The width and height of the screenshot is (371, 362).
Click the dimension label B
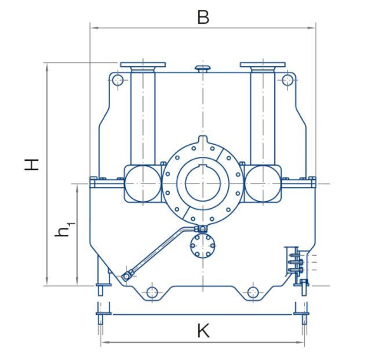(x=202, y=17)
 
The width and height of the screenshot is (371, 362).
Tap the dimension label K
(x=202, y=331)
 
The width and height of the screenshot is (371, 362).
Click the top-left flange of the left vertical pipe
(x=143, y=64)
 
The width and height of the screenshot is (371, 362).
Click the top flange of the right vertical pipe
(x=262, y=64)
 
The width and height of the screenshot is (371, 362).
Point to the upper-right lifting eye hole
(x=287, y=80)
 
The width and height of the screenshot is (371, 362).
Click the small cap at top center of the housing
(x=202, y=69)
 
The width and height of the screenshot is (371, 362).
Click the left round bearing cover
(x=143, y=183)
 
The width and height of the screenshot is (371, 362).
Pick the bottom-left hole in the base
(x=152, y=292)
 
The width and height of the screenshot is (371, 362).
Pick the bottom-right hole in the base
(x=252, y=292)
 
